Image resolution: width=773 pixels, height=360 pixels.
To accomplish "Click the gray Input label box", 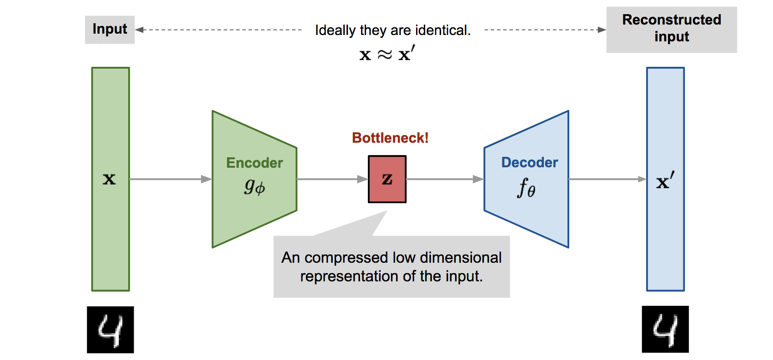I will [x=110, y=30].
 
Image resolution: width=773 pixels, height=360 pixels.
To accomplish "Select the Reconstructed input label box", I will [x=671, y=29].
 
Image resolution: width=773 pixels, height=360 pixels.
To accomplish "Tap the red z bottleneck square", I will [x=387, y=179].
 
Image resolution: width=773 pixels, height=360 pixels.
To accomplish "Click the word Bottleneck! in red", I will [x=390, y=138].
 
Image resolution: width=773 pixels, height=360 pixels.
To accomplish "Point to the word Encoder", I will [x=254, y=163].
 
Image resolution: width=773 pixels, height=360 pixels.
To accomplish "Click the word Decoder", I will [x=529, y=162].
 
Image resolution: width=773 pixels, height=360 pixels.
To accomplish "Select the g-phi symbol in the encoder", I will [x=255, y=186].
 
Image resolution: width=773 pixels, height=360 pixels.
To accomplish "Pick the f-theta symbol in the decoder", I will [x=526, y=187].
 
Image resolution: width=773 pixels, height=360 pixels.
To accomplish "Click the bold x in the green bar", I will [x=109, y=179].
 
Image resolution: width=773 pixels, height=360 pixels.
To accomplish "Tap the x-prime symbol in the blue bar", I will [x=665, y=181].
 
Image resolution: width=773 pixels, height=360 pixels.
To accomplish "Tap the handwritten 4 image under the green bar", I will [x=110, y=330].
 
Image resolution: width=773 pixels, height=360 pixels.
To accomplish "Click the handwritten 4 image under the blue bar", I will [x=665, y=329].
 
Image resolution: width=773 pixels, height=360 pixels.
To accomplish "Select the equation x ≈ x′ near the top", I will [x=386, y=54].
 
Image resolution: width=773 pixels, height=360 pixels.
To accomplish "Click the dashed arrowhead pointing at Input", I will [x=140, y=30].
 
